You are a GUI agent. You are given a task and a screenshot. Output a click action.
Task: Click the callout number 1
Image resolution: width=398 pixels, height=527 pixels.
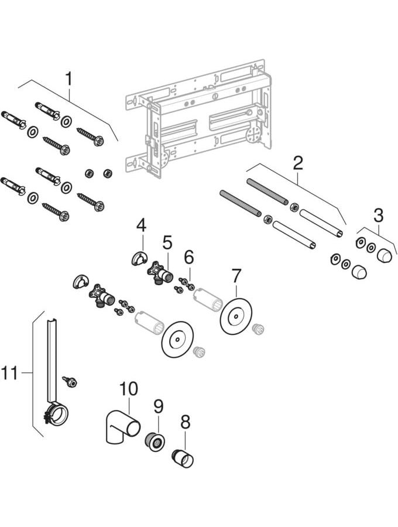(70, 78)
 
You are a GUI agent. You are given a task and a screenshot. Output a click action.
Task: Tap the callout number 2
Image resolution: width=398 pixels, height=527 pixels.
(298, 163)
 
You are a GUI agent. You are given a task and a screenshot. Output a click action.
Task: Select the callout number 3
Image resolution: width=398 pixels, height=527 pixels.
(379, 215)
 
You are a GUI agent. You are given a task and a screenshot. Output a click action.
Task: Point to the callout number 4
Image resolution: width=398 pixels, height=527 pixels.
(141, 224)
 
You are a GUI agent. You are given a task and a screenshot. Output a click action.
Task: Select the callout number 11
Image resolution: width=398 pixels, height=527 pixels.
(11, 372)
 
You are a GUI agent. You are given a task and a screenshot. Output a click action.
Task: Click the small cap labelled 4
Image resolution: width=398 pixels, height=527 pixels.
(139, 258)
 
